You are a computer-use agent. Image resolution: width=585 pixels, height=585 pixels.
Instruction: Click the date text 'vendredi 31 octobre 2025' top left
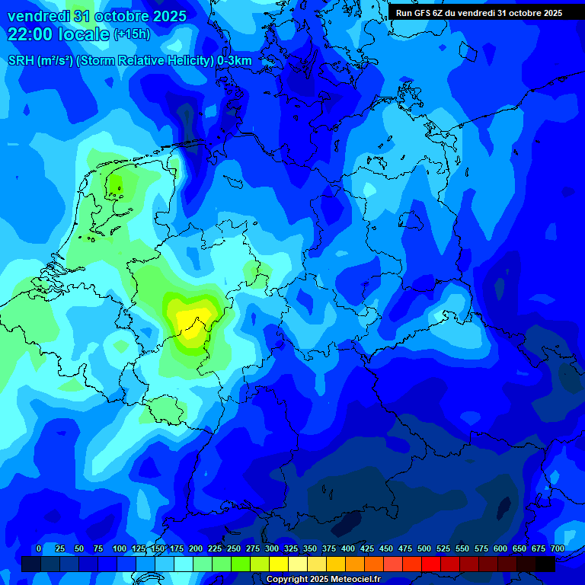[97, 16]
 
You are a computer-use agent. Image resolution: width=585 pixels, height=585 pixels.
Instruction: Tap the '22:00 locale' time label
[59, 34]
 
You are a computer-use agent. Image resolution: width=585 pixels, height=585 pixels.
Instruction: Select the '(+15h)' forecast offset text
[132, 34]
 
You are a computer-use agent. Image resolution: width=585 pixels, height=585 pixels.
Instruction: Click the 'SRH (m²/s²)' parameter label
[40, 61]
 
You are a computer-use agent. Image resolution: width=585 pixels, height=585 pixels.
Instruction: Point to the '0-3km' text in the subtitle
[235, 61]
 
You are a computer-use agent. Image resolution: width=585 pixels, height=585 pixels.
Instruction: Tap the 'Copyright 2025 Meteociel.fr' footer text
[324, 580]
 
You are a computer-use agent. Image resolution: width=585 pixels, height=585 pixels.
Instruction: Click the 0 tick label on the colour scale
[39, 548]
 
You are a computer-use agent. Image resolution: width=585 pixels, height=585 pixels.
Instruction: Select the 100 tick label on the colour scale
[120, 548]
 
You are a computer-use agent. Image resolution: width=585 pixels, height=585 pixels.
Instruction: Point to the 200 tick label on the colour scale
[196, 548]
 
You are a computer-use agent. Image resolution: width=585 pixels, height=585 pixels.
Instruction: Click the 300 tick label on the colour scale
[272, 548]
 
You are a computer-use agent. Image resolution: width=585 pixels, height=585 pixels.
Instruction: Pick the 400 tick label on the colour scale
[348, 548]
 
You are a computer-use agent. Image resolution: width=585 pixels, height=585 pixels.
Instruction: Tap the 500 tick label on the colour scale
[424, 548]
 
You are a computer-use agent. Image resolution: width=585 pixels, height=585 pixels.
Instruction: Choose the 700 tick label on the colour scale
[558, 548]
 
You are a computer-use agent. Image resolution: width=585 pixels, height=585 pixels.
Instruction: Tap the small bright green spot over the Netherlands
[116, 184]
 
